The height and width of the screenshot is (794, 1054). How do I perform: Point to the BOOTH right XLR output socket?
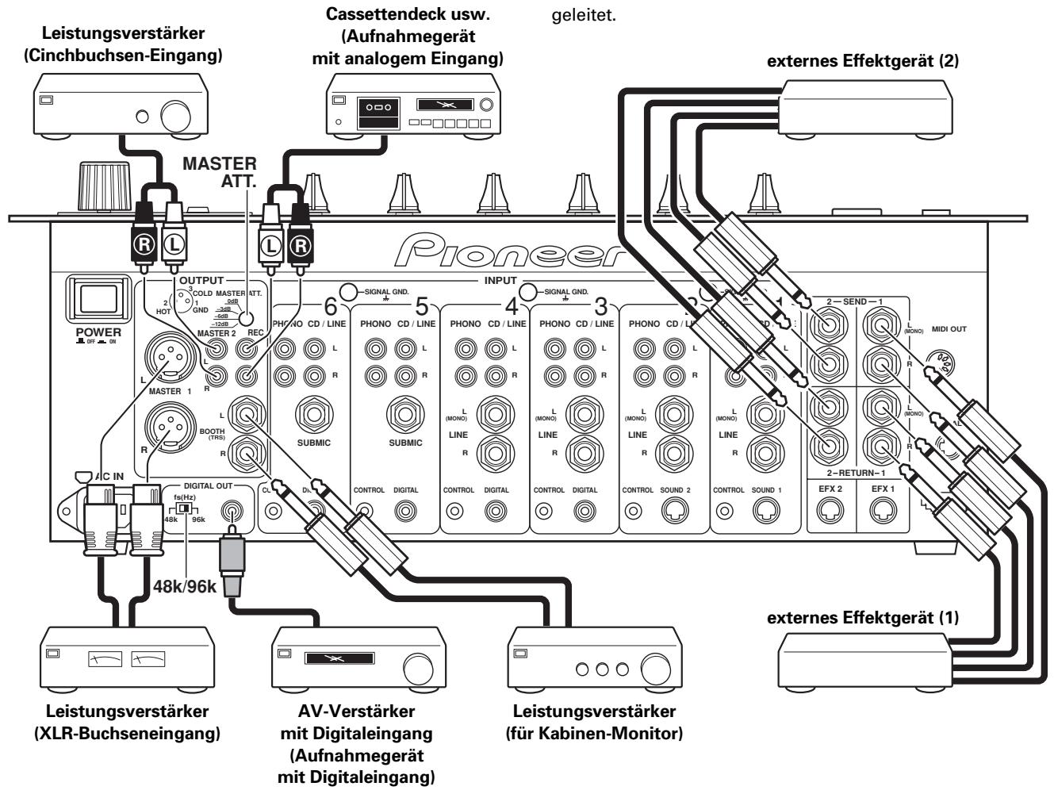coord(167,429)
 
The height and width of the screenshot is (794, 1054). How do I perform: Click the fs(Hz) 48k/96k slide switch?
coord(185,508)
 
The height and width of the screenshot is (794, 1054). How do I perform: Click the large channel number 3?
coord(602,305)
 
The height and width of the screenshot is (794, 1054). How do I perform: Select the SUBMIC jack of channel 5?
coord(405,415)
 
